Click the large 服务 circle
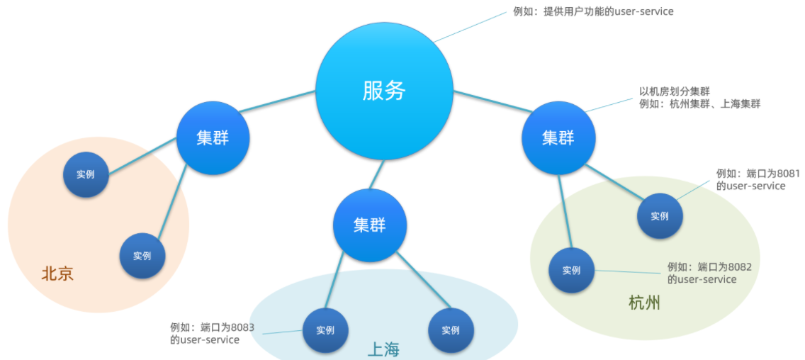384,91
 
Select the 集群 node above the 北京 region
213,138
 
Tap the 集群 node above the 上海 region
370,225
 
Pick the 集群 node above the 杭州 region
558,137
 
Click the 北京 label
57,274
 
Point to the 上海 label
383,350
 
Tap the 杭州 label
644,303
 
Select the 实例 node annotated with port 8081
660,216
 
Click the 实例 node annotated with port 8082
571,270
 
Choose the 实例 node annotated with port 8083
325,330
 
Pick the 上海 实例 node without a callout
451,330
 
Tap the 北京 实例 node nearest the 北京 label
142,256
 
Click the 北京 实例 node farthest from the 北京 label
86,174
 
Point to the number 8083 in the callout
243,327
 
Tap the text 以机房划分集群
674,92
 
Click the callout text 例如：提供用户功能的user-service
593,11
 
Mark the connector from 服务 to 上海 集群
376,174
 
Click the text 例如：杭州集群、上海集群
699,103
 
